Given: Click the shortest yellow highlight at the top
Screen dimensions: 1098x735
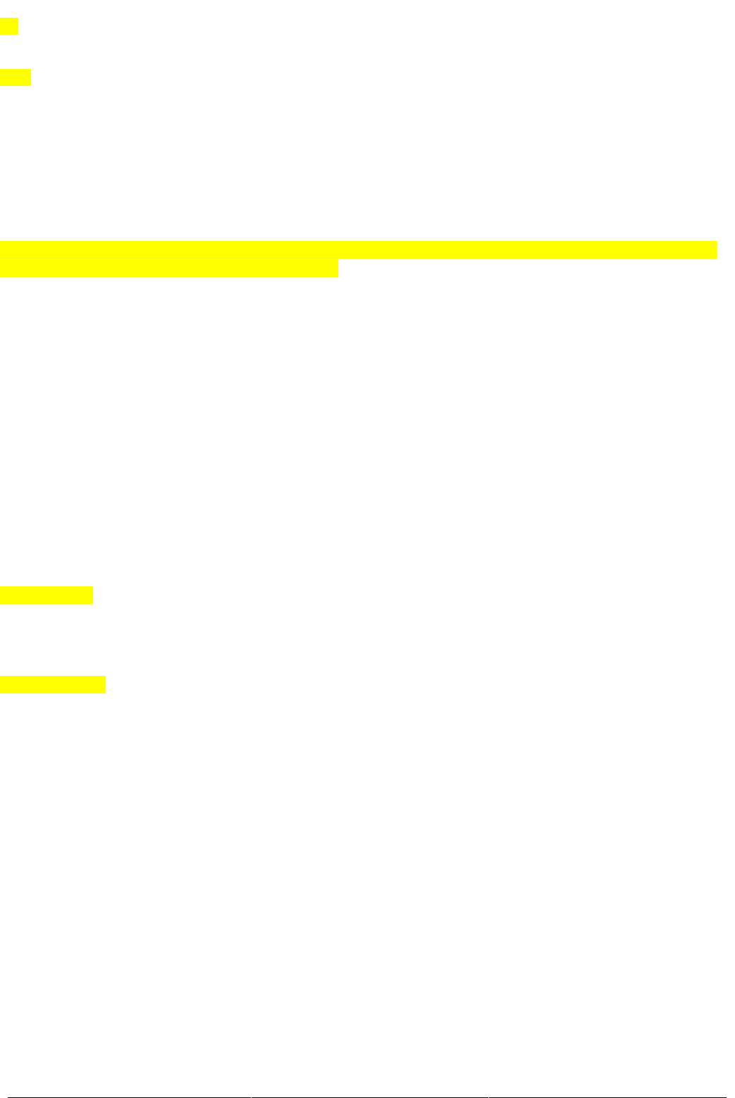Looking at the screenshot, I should pos(8,27).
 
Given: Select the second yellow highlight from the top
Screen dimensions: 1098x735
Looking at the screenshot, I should pos(15,78).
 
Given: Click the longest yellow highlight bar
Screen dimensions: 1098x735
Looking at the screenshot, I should pos(358,249).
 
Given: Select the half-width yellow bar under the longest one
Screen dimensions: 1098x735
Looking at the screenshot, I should pos(169,269).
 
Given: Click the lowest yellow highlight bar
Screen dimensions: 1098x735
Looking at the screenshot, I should pos(53,684).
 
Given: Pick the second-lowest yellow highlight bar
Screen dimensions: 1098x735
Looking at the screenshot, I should pos(47,595).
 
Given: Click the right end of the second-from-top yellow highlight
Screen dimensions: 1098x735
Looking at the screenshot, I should pos(29,78).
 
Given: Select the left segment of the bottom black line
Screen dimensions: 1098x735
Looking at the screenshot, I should pos(134,1097).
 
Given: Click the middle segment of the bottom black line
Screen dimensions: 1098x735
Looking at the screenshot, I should pos(370,1097).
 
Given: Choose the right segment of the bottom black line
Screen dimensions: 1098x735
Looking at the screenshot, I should pos(607,1097).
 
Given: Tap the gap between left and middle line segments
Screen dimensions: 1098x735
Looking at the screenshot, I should pos(252,1097).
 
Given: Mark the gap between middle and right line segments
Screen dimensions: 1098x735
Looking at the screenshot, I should pos(488,1097).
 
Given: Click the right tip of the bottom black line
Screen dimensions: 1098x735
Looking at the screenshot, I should pos(725,1097).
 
